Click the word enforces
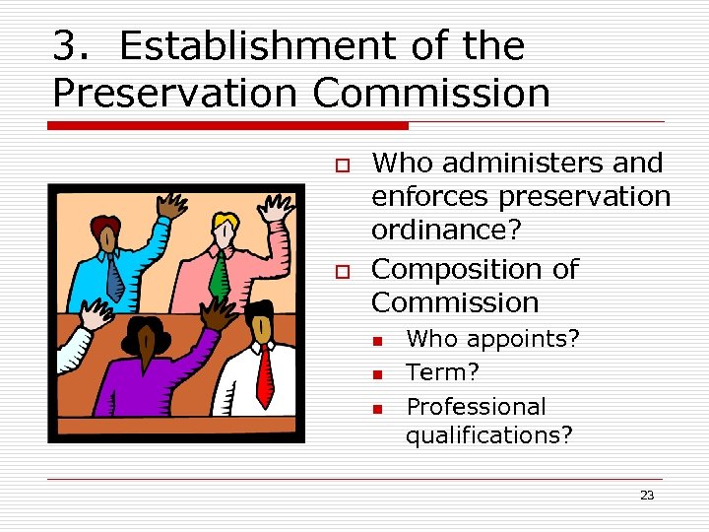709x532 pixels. pos(430,196)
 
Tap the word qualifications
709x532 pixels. pos(488,434)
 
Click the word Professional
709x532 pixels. pos(476,406)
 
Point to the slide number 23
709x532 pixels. pos(646,495)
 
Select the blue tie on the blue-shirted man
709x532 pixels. pos(114,277)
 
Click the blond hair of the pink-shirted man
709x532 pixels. pos(226,221)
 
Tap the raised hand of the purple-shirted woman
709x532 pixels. pos(212,313)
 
